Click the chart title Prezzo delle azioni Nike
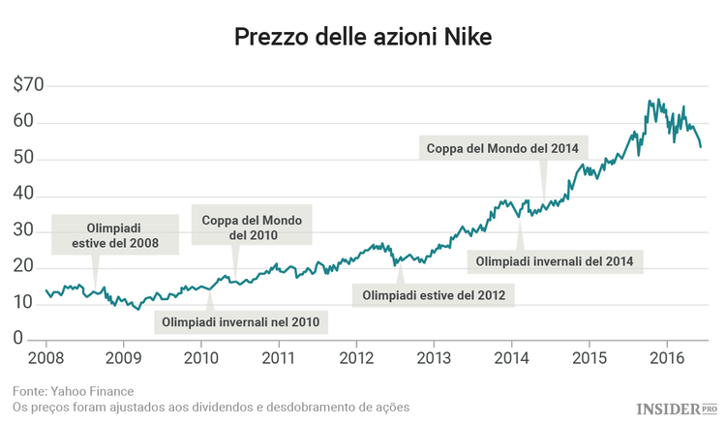coord(363,38)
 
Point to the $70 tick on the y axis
coord(28,85)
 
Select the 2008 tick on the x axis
coord(45,357)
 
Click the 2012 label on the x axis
coord(356,357)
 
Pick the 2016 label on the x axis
coord(666,357)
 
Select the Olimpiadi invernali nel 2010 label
coord(240,321)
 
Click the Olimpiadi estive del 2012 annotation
coord(433,294)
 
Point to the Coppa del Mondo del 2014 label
coord(502,149)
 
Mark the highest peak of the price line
coord(650,99)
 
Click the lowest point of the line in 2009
coord(137,308)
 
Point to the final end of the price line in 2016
coord(701,147)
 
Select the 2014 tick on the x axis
coord(511,357)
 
